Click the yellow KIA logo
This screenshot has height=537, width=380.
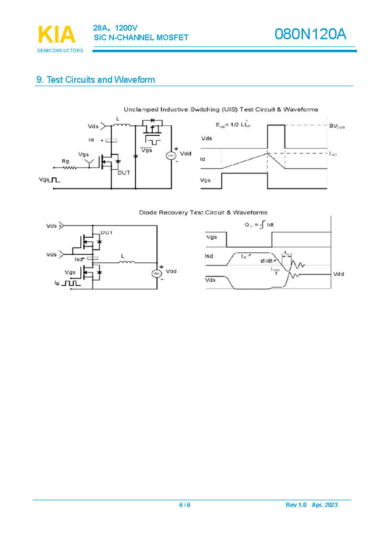pyautogui.click(x=57, y=35)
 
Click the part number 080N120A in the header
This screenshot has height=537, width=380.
pyautogui.click(x=310, y=35)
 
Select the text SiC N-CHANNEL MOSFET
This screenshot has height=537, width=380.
pyautogui.click(x=141, y=37)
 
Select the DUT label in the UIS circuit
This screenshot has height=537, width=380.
pyautogui.click(x=124, y=173)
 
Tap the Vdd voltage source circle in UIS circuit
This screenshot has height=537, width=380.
pyautogui.click(x=172, y=155)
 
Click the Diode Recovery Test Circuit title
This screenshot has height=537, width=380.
pyautogui.click(x=203, y=212)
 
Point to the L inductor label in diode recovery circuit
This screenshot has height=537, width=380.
pyautogui.click(x=122, y=256)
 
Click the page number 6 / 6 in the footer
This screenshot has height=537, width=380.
pyautogui.click(x=184, y=505)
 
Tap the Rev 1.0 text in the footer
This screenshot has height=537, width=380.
pyautogui.click(x=296, y=505)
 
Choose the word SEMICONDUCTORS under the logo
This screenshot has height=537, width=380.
pyautogui.click(x=60, y=51)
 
